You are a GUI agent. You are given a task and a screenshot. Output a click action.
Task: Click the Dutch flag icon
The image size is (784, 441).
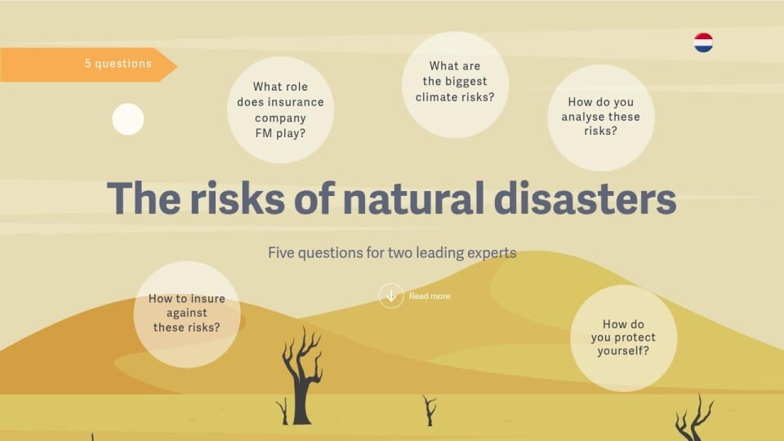tap(703, 43)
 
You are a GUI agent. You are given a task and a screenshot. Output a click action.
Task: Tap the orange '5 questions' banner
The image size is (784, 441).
tap(88, 65)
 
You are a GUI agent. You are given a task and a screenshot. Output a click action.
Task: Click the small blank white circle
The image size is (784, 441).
tap(128, 119)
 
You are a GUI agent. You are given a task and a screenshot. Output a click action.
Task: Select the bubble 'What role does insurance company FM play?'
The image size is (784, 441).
tap(280, 110)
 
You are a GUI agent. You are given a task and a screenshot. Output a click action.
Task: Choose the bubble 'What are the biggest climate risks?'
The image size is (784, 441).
tap(455, 85)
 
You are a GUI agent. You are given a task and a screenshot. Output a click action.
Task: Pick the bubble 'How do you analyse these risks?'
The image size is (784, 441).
tap(601, 118)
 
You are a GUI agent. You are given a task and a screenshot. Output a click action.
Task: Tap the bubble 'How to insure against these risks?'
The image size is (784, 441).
tap(187, 314)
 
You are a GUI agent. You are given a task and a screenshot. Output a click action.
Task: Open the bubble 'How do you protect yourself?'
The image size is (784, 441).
tap(623, 338)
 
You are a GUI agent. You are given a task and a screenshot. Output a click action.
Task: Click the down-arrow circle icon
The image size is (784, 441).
tap(391, 296)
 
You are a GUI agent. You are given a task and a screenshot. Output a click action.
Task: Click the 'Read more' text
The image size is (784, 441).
tap(430, 296)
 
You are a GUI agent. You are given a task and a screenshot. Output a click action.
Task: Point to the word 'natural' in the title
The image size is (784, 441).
tap(413, 198)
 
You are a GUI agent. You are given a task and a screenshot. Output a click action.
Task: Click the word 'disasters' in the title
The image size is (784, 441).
tap(585, 198)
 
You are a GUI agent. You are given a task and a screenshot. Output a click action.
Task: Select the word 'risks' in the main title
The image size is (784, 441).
tap(237, 198)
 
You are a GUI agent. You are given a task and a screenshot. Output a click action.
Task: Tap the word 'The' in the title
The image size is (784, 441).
tap(144, 198)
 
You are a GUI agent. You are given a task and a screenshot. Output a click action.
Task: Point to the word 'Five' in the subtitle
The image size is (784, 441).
tap(280, 252)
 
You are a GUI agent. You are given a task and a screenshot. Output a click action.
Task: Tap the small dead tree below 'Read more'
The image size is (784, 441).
tap(430, 411)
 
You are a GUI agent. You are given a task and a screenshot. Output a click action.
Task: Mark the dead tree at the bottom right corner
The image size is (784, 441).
tap(694, 420)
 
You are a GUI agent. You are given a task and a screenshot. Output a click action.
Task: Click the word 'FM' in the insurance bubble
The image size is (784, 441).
tap(264, 133)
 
